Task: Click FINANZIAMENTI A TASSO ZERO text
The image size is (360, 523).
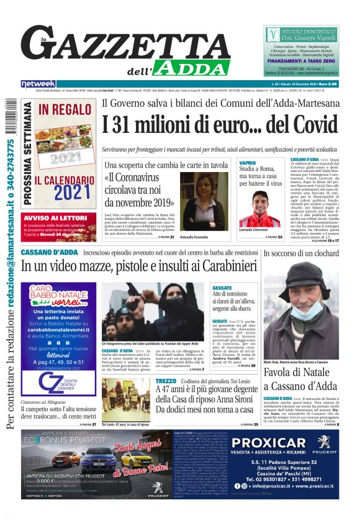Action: tap(304, 62)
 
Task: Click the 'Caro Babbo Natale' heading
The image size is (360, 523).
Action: tap(60, 293)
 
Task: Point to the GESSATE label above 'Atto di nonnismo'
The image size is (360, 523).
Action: tap(222, 288)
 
